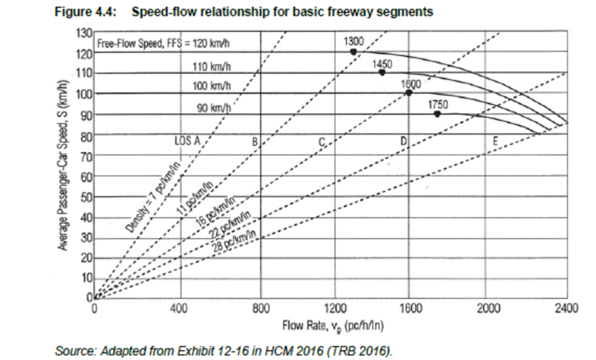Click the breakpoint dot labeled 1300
pos(353,52)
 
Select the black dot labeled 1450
pos(382,72)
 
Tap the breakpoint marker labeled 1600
pos(409,93)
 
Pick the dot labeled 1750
pos(437,114)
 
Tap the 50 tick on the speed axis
pos(87,197)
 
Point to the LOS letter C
pos(322,141)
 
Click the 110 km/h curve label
pos(212,67)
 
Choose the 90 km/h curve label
pos(215,108)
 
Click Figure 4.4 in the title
pos(84,12)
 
